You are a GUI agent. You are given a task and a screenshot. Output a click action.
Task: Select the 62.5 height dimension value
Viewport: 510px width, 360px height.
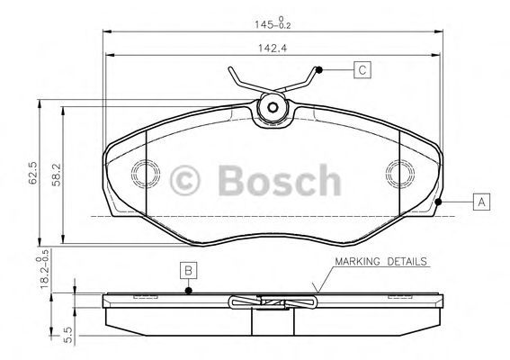pos(32,173)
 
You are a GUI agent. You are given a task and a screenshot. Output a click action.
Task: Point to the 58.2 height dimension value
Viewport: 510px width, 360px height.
pos(57,175)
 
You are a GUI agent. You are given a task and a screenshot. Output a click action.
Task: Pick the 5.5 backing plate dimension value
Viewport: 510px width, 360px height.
pos(68,335)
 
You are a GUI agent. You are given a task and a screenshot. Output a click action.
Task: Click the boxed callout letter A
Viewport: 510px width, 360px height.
pos(481,202)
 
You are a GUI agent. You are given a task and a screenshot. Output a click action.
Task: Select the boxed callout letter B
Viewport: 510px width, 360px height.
pos(189,270)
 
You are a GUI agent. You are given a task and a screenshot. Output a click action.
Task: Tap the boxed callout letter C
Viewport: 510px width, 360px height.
pos(362,69)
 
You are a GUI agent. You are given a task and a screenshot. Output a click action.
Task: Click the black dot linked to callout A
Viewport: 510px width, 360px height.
pos(438,202)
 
